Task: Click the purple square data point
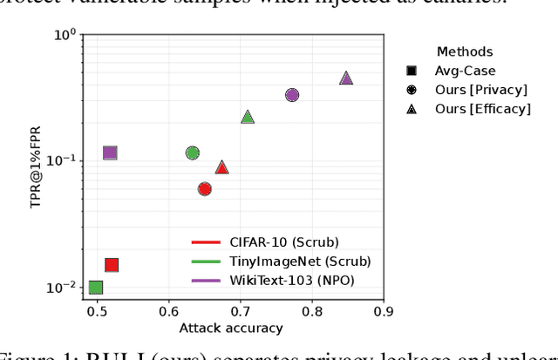pyautogui.click(x=110, y=153)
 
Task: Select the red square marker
pyautogui.click(x=112, y=265)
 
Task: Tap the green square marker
pyautogui.click(x=96, y=288)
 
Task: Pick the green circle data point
pyautogui.click(x=193, y=153)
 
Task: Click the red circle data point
pyautogui.click(x=205, y=189)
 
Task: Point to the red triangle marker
pyautogui.click(x=221, y=167)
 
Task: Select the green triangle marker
pyautogui.click(x=248, y=117)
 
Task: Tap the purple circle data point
pyautogui.click(x=292, y=95)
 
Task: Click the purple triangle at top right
pyautogui.click(x=346, y=78)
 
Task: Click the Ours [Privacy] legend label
pyautogui.click(x=481, y=90)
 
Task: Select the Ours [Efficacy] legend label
pyautogui.click(x=483, y=109)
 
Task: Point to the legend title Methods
pyautogui.click(x=464, y=52)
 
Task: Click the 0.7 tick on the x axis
pyautogui.click(x=240, y=310)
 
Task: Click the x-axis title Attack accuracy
pyautogui.click(x=231, y=328)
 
